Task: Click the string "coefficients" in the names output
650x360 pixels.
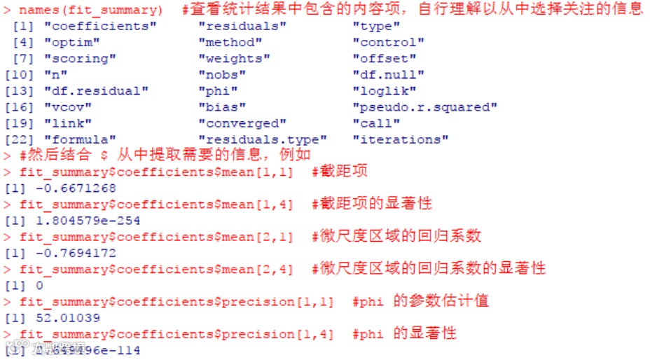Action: (100, 27)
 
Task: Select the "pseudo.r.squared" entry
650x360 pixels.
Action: (424, 107)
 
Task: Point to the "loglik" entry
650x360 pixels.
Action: (385, 91)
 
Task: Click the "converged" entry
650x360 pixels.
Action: (242, 123)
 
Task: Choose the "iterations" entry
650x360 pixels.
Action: (400, 139)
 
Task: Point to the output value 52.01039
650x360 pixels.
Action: (61, 318)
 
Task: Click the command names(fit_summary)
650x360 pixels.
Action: (91, 10)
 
